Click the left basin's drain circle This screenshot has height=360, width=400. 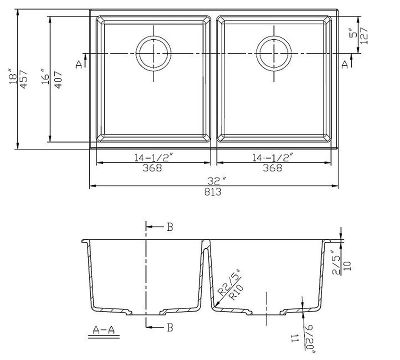coord(154,52)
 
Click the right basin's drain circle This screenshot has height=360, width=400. coord(273,52)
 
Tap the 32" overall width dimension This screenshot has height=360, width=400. coord(214,180)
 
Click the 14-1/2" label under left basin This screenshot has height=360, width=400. coord(153,157)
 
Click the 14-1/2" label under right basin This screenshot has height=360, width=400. coord(273,157)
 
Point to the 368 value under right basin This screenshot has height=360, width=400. coord(273,168)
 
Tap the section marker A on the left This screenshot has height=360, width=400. coord(78,63)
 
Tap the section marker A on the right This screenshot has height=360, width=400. coord(345,63)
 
